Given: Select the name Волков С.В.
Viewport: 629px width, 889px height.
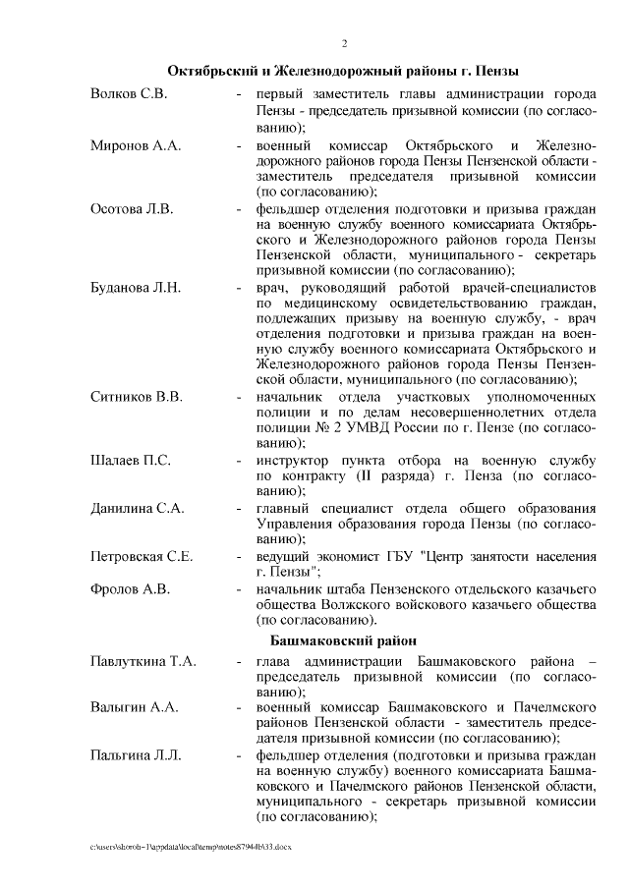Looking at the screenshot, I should click(x=128, y=94).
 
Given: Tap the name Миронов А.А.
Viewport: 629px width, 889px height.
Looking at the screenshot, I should click(x=135, y=146).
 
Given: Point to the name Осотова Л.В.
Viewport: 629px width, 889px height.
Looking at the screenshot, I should click(x=131, y=208).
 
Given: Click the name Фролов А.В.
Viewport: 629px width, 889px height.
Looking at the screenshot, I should click(x=130, y=589).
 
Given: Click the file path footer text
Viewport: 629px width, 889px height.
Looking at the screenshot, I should click(x=191, y=845).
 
